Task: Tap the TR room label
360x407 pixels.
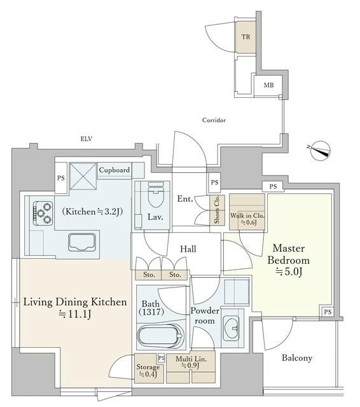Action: [246, 37]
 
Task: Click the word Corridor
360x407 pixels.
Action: [214, 120]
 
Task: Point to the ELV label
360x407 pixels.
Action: [87, 137]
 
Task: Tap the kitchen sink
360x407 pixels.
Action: [81, 242]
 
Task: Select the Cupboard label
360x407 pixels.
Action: [114, 170]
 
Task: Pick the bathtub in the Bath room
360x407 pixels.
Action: [159, 336]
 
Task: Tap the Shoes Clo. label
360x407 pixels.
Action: [217, 211]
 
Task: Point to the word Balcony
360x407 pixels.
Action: [296, 358]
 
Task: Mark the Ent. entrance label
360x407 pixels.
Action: [184, 199]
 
